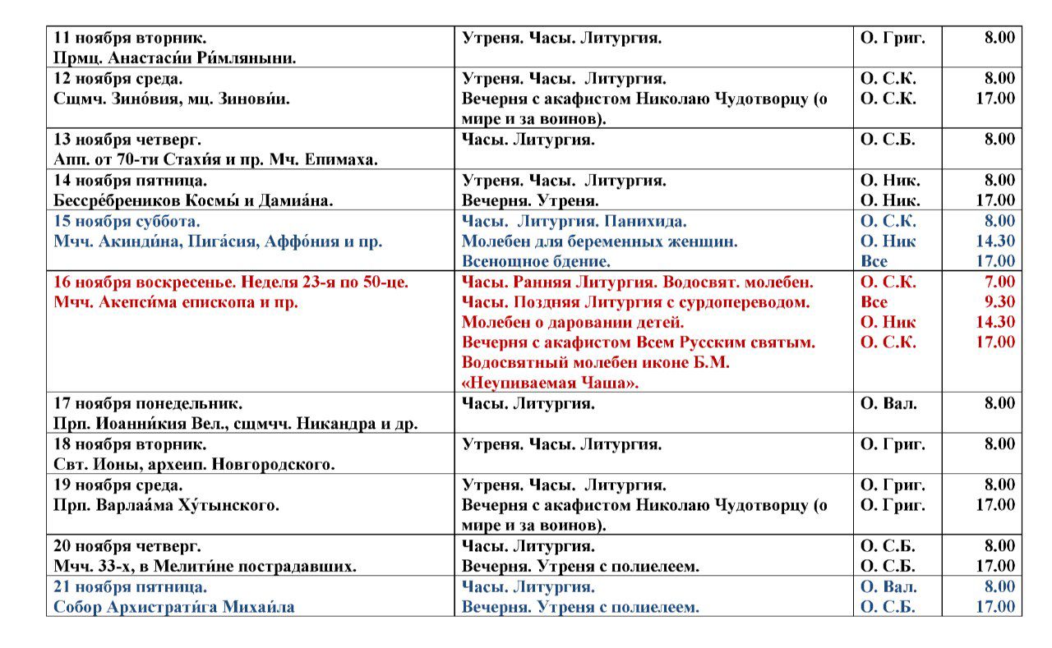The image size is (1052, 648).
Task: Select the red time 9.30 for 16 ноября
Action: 995,302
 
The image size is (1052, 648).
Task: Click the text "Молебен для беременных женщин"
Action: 599,241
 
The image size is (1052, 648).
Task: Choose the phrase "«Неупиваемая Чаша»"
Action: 550,383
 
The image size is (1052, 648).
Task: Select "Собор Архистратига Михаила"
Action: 174,608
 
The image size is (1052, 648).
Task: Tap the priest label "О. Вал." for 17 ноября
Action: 888,403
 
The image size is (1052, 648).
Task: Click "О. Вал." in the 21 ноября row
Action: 888,587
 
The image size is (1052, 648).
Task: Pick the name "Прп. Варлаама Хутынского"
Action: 167,505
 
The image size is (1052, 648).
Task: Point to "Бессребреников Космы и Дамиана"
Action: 193,200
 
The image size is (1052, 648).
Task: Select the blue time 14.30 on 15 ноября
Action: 995,241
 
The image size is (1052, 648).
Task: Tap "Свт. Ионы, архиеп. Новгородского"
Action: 194,465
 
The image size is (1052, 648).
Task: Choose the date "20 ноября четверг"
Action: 127,546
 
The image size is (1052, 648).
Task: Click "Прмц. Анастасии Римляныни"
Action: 175,58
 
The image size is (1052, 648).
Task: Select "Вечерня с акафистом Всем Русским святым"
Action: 639,342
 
